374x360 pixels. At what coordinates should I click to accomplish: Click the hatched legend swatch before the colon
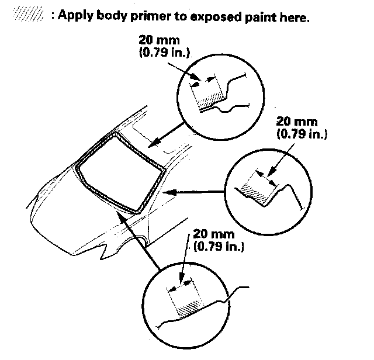click(x=29, y=15)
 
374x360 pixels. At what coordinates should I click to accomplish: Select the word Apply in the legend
click(x=75, y=16)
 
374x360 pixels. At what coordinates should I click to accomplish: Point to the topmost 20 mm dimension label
click(x=159, y=40)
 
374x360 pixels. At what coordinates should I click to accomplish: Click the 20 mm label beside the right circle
click(x=297, y=122)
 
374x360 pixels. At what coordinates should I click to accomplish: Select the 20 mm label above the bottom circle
click(x=214, y=234)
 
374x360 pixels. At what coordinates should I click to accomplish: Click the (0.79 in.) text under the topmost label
click(x=164, y=52)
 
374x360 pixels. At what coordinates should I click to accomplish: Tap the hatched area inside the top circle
click(x=211, y=100)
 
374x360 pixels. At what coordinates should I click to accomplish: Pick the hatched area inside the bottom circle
click(x=189, y=309)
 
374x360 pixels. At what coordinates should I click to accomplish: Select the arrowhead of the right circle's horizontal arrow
click(x=170, y=192)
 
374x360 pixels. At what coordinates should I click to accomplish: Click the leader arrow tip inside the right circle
click(x=269, y=174)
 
